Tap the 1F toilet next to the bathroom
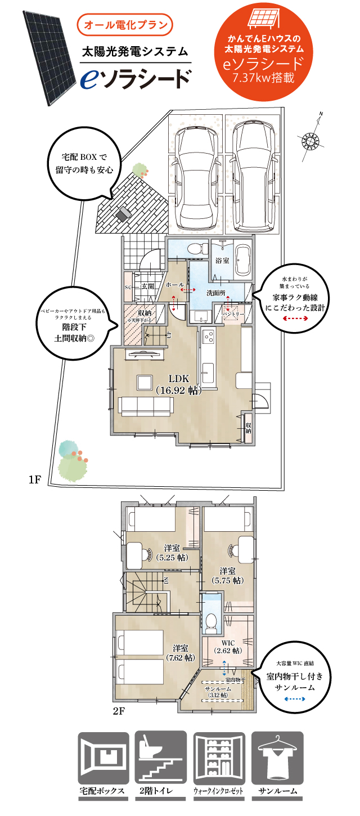coord(195,248)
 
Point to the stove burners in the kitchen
coord(208,338)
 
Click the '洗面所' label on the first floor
coord(216,293)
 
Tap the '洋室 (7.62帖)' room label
coord(181,653)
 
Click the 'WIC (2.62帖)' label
coord(228,646)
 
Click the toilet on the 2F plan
coord(211,621)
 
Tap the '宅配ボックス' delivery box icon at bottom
coord(104,757)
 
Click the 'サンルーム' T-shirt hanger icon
coord(277,757)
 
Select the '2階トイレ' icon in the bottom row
coord(162,757)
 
